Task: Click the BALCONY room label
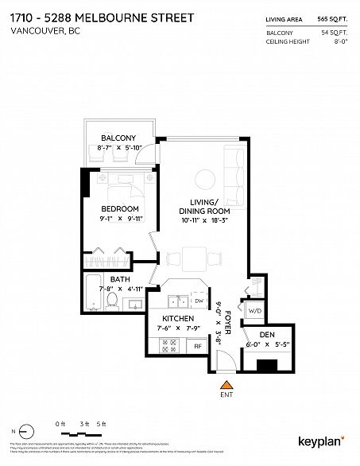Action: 118,137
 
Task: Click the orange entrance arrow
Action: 225,387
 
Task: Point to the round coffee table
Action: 203,178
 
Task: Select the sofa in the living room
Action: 236,167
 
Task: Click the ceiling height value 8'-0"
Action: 340,41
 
